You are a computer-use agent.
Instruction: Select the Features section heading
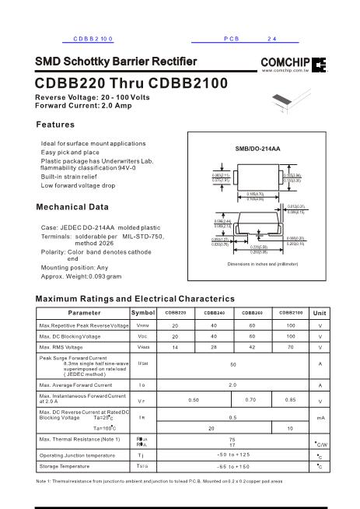click(56, 125)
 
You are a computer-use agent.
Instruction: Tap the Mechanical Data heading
click(72, 208)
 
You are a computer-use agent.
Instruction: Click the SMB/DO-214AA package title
click(257, 148)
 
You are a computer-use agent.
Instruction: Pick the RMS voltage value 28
click(213, 347)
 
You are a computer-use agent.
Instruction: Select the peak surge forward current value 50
click(232, 363)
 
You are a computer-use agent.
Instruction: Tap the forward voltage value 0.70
click(251, 399)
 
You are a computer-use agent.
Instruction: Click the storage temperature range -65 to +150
click(232, 466)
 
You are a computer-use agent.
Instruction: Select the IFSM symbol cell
click(143, 363)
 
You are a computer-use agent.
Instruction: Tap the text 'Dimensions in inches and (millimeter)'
click(257, 286)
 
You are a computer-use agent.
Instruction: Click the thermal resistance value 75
click(232, 439)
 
